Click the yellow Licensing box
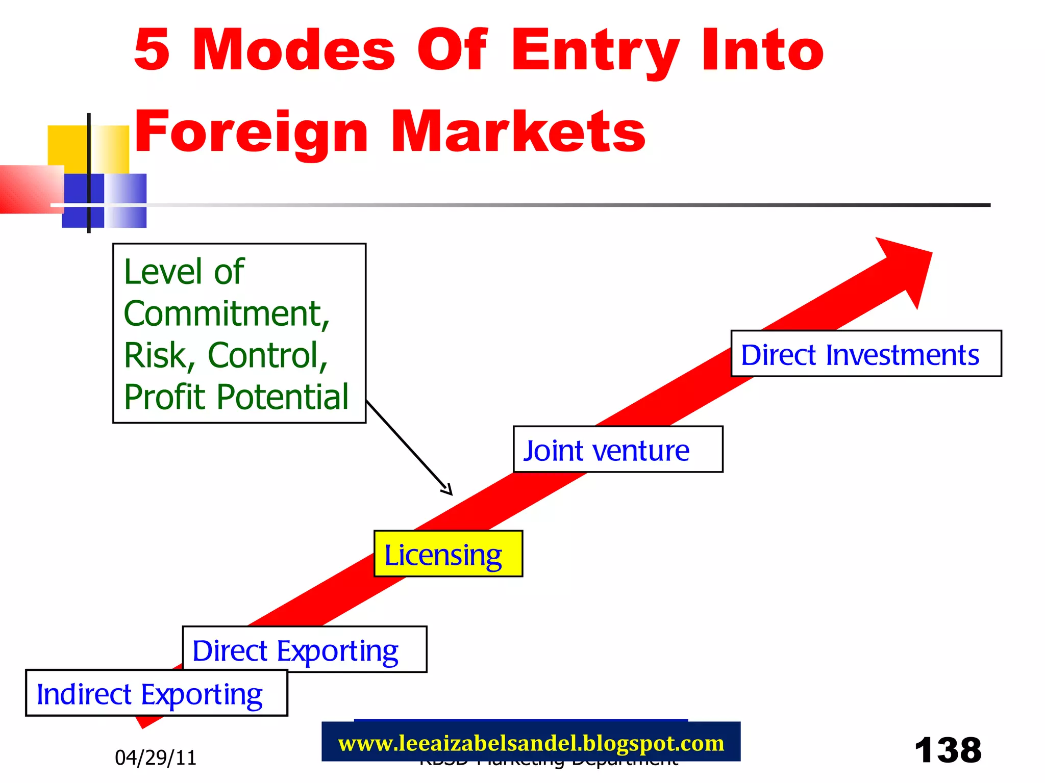point(448,554)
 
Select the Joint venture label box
point(617,449)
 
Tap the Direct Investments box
point(865,354)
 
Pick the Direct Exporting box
point(304,649)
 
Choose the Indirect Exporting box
point(156,693)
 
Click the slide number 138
point(948,750)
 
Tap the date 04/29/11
point(156,758)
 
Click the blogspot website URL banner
point(531,743)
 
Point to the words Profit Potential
point(236,397)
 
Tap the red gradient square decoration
point(31,189)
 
